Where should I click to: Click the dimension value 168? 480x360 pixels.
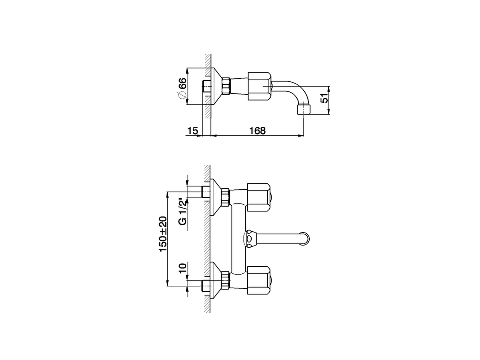(x=257, y=130)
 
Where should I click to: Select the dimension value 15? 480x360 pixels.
(x=192, y=130)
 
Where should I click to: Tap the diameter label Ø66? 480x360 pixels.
(x=182, y=88)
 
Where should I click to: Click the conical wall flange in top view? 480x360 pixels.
(x=216, y=86)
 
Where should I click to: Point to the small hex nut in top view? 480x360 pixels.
(x=226, y=86)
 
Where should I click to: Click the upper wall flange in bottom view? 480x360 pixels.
(x=216, y=197)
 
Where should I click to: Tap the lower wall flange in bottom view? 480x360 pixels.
(x=216, y=280)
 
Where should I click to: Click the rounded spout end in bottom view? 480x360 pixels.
(x=307, y=239)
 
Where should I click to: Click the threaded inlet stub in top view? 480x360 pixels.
(x=206, y=86)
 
